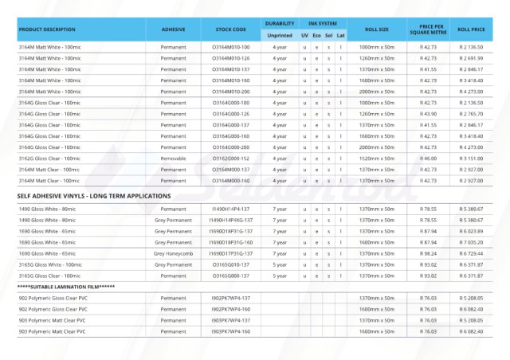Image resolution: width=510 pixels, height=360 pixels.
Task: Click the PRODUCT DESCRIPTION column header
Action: coord(47,29)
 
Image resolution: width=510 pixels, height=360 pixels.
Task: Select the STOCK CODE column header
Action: coord(230,29)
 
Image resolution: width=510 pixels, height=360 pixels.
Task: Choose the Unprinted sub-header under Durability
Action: coord(280,35)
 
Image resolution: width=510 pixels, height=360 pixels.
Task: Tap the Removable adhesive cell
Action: coord(173,158)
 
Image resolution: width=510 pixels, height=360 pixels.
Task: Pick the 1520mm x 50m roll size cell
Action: coord(376,158)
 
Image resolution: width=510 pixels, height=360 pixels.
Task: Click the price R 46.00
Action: coord(428,158)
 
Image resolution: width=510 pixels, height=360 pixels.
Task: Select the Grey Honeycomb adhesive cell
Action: coord(173,252)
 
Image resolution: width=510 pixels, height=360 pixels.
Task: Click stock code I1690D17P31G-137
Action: coord(230,252)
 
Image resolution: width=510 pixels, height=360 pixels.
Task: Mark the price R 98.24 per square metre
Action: coord(428,252)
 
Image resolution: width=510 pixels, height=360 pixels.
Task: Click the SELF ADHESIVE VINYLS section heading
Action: coord(94,195)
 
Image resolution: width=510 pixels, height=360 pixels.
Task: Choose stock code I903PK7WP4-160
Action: coord(230,331)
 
